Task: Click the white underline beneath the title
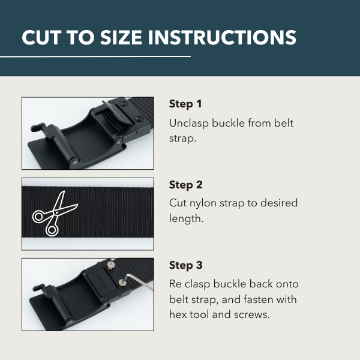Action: [x=95, y=56]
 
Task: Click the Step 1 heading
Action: [x=185, y=104]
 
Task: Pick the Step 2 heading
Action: [x=186, y=185]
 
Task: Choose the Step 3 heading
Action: [x=186, y=265]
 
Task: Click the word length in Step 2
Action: [x=187, y=219]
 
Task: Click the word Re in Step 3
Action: [x=176, y=284]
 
